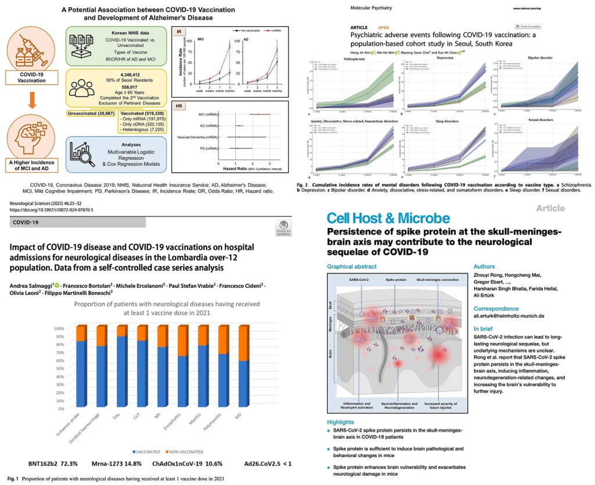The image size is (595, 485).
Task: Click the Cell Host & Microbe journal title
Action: [x=388, y=219]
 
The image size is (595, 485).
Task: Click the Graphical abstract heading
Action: [x=352, y=266]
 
